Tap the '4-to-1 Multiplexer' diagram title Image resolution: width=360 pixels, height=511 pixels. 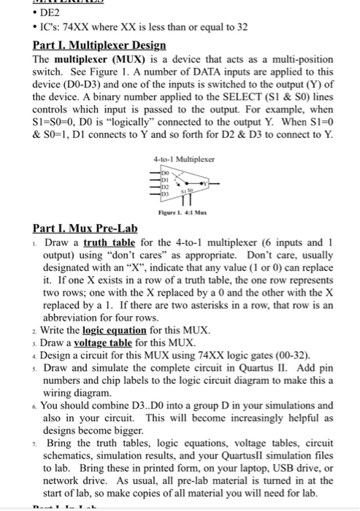click(180, 158)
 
